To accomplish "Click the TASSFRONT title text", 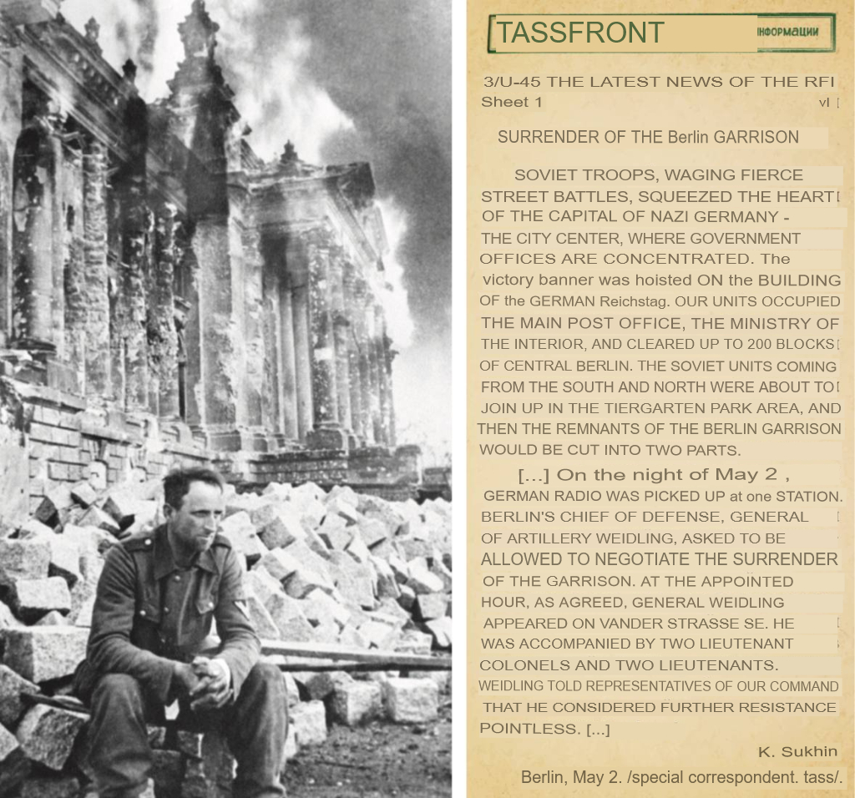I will pyautogui.click(x=580, y=33).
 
